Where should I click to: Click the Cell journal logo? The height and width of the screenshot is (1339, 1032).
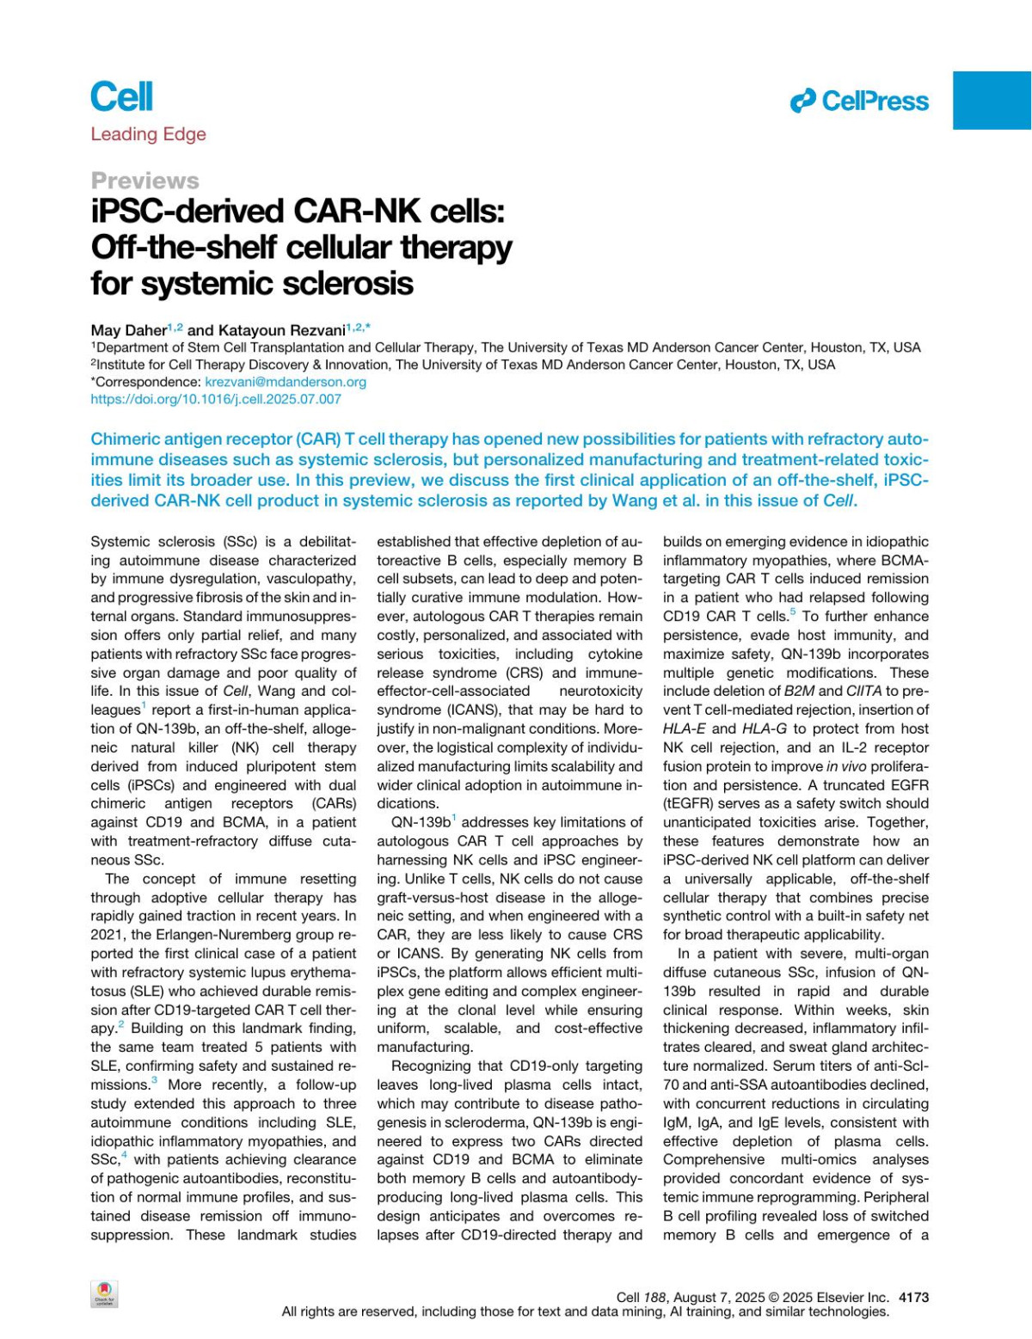(x=121, y=96)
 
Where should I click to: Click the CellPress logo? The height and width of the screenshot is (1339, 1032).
(x=860, y=101)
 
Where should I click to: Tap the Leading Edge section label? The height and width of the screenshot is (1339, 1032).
(x=148, y=134)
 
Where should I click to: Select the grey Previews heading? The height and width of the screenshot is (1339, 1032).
(x=144, y=181)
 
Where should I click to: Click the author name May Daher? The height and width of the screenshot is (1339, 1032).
(x=129, y=329)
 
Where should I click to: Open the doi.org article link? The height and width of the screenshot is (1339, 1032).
(x=216, y=399)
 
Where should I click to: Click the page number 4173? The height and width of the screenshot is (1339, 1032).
(x=913, y=1297)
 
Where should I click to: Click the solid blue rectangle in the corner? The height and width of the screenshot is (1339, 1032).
(x=992, y=100)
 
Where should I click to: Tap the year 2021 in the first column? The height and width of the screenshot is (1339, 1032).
(x=107, y=935)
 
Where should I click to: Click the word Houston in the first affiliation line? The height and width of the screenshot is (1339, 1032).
(x=820, y=347)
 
